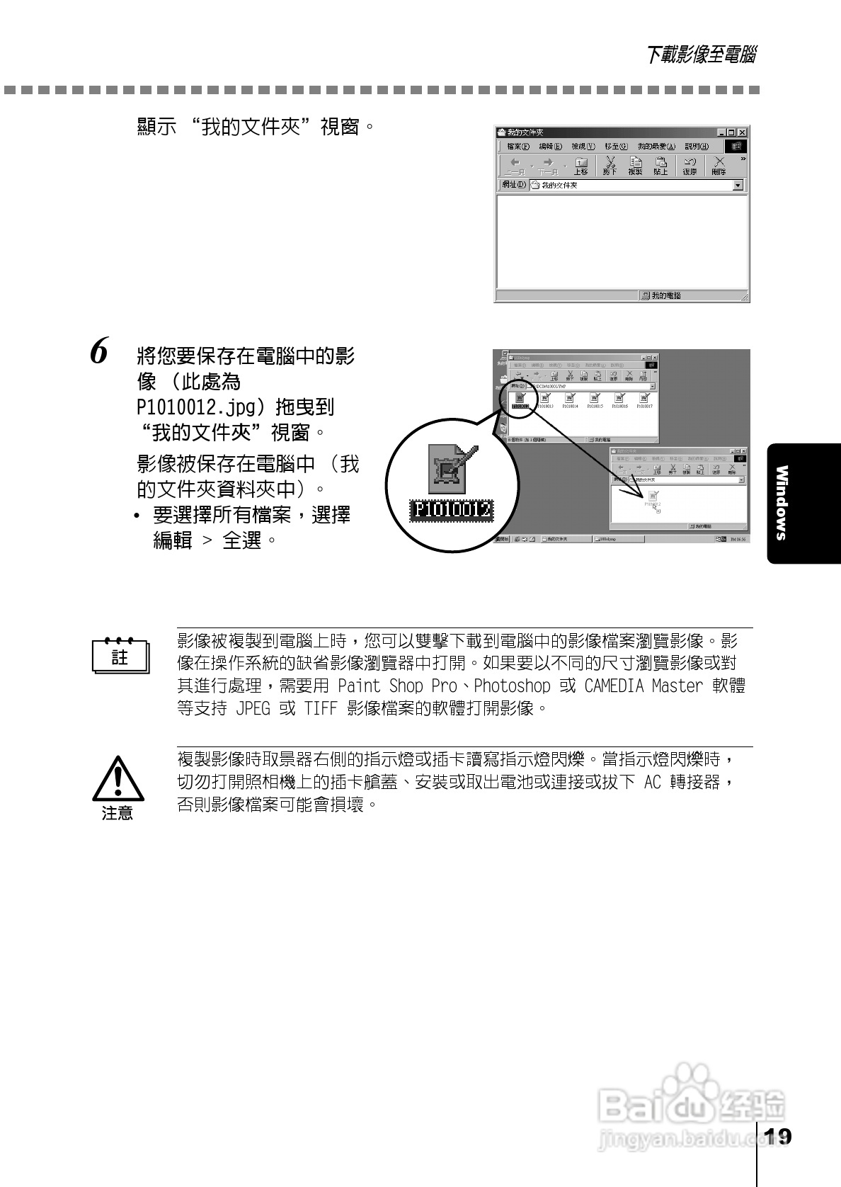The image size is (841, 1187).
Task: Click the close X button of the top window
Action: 741,132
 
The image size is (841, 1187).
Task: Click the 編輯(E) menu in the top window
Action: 550,146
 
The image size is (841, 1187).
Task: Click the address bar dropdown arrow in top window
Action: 738,185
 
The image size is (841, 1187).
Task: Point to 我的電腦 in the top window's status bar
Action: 661,295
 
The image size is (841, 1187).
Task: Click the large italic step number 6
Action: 100,352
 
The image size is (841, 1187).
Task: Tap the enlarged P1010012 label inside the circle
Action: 452,509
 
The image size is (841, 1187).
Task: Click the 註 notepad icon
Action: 120,656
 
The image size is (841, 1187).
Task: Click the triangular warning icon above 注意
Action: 118,778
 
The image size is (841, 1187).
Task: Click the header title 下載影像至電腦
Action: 700,55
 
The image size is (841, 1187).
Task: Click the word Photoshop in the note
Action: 511,686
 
